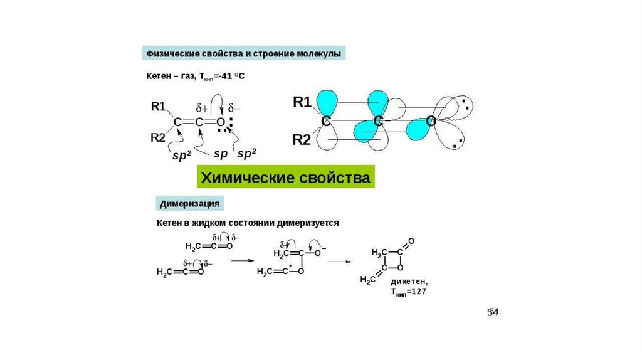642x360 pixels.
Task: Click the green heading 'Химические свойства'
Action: [286, 177]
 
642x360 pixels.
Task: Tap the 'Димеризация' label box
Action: [189, 204]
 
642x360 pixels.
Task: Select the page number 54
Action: [493, 312]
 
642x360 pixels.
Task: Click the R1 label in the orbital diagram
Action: [302, 102]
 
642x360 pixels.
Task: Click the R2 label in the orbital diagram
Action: [302, 140]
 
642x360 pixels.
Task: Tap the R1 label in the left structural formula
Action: [159, 107]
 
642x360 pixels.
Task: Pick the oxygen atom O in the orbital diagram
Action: [430, 121]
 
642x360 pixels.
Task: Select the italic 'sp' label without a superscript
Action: [220, 154]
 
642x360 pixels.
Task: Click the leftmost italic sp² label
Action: [182, 155]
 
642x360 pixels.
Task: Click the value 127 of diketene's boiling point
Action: [419, 292]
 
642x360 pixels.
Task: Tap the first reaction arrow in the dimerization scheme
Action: [243, 260]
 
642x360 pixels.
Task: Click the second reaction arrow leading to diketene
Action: [340, 262]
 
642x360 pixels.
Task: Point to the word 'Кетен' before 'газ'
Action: [159, 76]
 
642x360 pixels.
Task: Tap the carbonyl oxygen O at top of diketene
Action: [411, 241]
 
